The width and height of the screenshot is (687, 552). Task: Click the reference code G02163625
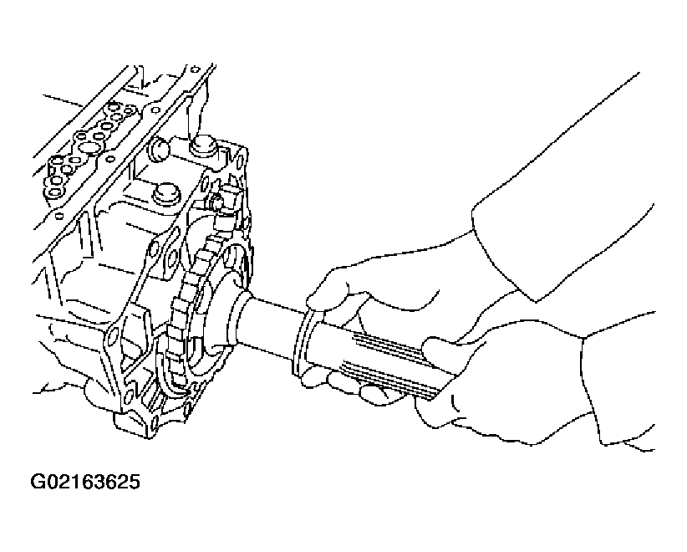point(85,482)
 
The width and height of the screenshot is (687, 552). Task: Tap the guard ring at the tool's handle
point(301,342)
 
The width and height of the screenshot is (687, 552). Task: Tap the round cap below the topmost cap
point(167,194)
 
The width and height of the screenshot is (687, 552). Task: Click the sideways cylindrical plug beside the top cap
point(159,149)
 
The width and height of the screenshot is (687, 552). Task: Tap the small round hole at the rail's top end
point(196,69)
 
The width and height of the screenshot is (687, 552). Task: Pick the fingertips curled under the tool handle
point(350,384)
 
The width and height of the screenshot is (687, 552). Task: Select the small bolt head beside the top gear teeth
point(216,202)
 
